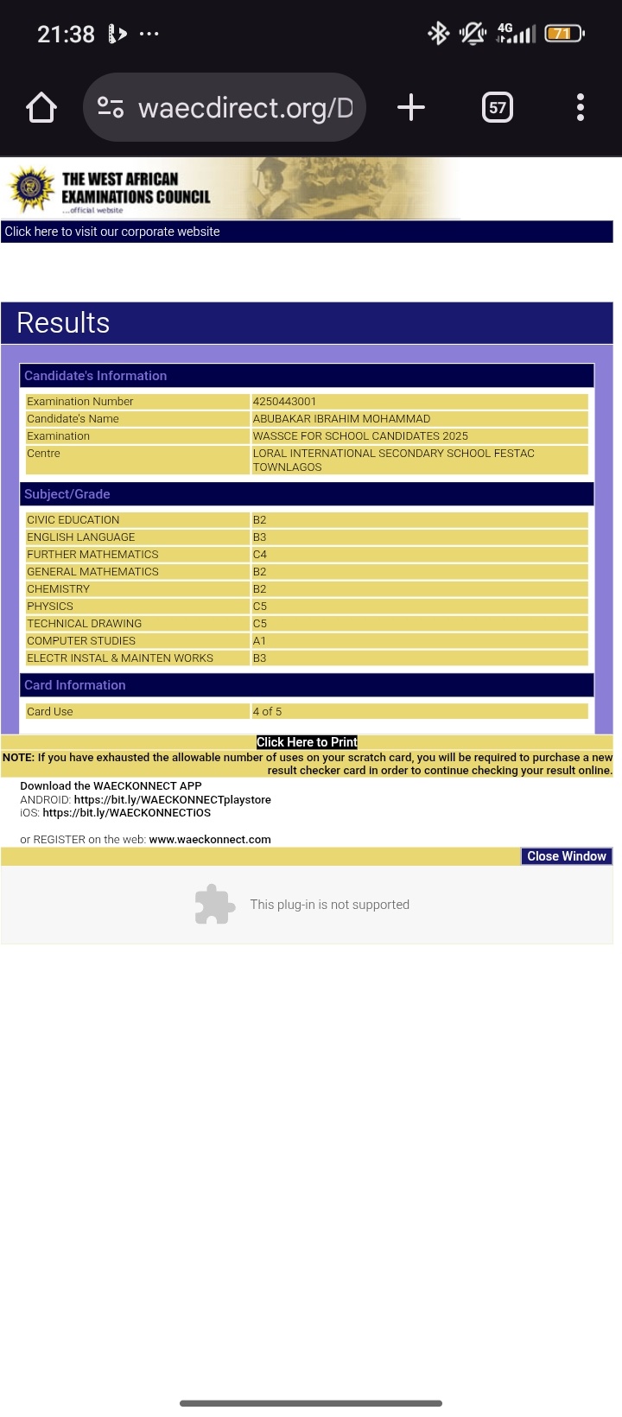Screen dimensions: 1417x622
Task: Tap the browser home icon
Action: (41, 108)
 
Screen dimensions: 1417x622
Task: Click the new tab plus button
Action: (411, 108)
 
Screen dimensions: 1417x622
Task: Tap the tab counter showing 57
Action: (498, 108)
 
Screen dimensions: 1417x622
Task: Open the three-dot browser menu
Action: (581, 108)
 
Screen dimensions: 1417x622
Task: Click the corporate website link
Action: (112, 232)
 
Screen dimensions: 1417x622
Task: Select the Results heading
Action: (63, 323)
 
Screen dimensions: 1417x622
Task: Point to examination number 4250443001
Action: (284, 402)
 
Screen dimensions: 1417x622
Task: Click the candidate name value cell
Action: (341, 419)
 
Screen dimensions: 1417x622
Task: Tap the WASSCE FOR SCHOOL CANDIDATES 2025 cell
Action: (360, 436)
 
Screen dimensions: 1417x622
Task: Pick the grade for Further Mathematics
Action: (260, 555)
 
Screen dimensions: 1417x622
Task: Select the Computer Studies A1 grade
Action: (259, 641)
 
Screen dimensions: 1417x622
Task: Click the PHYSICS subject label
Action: (50, 607)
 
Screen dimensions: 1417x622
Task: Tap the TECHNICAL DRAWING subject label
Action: (84, 624)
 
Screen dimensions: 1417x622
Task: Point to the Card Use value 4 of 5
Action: (267, 712)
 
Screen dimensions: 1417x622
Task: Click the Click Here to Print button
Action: (307, 742)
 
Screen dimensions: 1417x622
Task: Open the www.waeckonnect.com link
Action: (210, 840)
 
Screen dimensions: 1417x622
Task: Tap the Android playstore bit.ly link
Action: (173, 800)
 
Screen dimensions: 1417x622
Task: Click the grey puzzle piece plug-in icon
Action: (214, 905)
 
